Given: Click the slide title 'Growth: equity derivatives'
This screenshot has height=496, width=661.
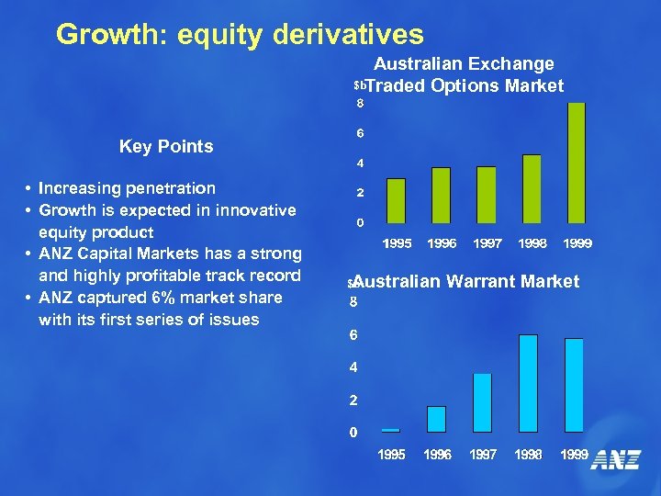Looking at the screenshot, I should tap(240, 35).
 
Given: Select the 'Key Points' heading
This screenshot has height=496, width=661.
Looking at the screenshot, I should tap(166, 147).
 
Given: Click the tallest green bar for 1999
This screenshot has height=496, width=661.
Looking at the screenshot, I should tap(577, 163).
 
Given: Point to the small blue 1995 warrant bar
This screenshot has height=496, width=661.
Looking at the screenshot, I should tap(391, 430).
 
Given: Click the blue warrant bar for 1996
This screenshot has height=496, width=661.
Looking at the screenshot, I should tap(437, 419).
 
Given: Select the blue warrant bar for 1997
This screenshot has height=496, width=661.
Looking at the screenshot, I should tap(482, 402).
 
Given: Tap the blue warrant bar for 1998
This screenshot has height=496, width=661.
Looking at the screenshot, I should tap(528, 383).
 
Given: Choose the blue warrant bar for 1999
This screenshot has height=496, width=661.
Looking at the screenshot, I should tap(574, 385).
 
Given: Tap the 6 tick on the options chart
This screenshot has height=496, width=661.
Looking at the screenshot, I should tap(361, 133).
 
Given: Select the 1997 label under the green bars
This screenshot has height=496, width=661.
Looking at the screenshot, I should tap(487, 243).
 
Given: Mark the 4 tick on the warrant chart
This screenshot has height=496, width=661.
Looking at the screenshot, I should tap(353, 367).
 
